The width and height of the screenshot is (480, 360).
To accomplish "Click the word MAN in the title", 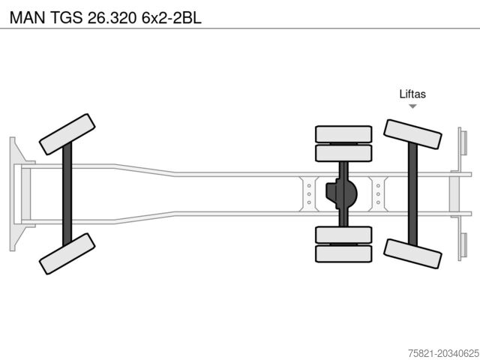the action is tap(28, 17).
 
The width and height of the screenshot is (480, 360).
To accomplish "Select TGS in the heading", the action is tap(67, 17).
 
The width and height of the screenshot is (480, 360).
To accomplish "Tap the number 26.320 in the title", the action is tap(112, 17).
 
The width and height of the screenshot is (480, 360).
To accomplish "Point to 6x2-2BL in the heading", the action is tap(172, 17).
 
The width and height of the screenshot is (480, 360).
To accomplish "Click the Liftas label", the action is tap(412, 94).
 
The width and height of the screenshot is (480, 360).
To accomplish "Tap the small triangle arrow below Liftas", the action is tap(412, 106).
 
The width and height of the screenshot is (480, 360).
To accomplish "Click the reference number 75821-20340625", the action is tap(444, 353).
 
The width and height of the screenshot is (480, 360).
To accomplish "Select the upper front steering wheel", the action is tap(67, 134).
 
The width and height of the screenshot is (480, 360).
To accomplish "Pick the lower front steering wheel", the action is tap(67, 253).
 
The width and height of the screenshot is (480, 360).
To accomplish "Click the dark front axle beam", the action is tap(67, 194).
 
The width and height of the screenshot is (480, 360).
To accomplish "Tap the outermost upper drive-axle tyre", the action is tap(343, 134).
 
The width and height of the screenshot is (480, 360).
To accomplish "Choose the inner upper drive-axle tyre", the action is tap(343, 153).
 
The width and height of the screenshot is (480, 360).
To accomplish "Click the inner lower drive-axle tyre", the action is tap(343, 235).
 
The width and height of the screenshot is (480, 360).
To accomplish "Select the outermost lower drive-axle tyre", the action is tap(343, 253).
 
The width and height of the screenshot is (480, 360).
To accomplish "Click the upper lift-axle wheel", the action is tap(412, 134).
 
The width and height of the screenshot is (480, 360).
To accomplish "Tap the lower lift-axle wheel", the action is tap(412, 253).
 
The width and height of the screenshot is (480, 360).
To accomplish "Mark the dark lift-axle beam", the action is tap(412, 194).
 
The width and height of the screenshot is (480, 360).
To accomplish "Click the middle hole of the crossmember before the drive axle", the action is tap(309, 194).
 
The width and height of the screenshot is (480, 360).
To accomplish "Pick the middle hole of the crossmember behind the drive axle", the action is tap(378, 194).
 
